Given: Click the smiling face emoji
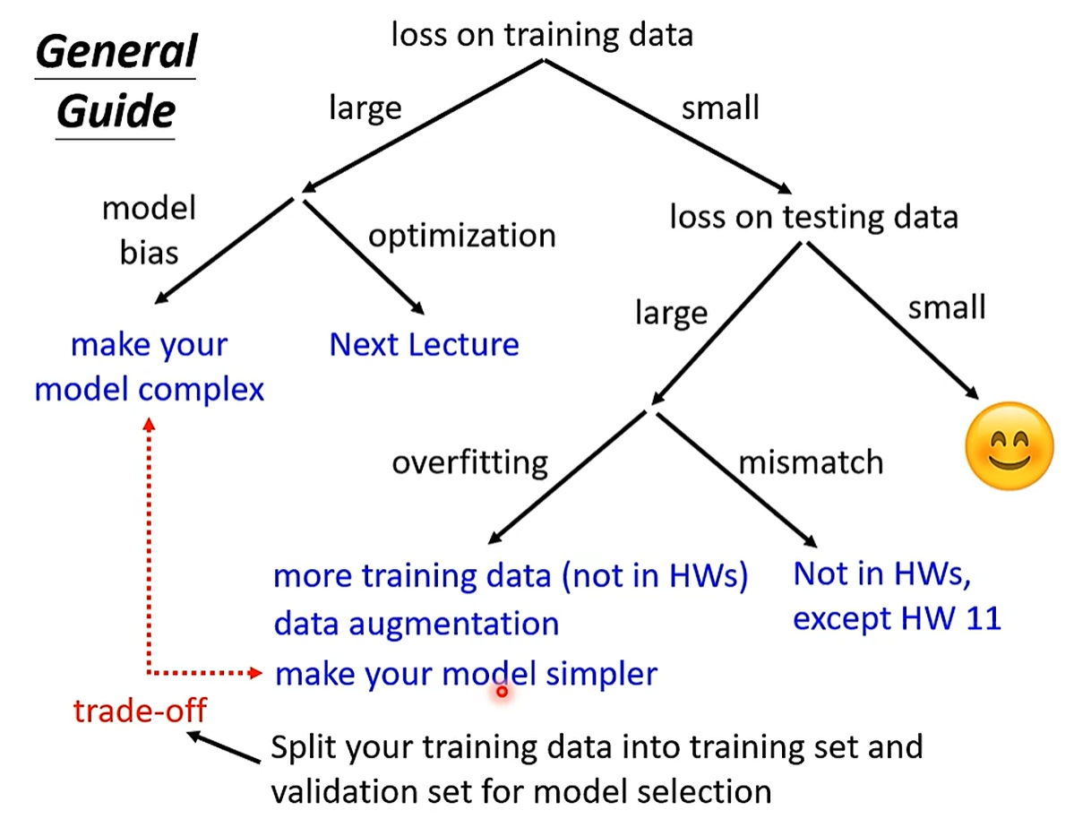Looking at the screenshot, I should click(x=1009, y=446).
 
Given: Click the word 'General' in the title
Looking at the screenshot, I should click(x=116, y=54).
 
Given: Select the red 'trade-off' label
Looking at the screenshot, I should click(x=140, y=711).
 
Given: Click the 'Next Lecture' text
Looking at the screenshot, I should click(x=424, y=345).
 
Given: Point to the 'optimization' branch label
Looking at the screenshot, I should click(x=462, y=236).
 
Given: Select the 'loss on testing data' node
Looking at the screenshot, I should click(x=813, y=216).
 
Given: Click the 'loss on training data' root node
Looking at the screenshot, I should click(x=542, y=34).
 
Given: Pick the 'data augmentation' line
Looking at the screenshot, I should click(x=416, y=623).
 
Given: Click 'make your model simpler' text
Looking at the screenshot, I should click(x=466, y=673).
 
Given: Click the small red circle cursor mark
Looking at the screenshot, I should click(x=502, y=691).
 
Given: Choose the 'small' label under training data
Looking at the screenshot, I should click(x=719, y=108).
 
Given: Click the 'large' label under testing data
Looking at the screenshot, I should click(x=671, y=313).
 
